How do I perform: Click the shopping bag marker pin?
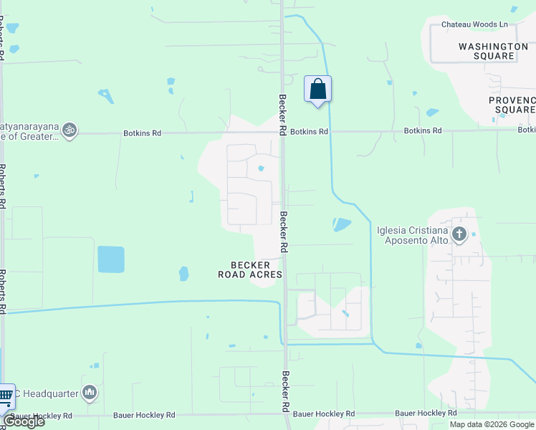[317, 90]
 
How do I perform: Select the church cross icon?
[459, 234]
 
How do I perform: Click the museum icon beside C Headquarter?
[89, 392]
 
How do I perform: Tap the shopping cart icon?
[5, 395]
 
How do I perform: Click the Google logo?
[23, 421]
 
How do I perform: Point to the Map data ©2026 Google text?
[491, 424]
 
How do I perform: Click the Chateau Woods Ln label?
[474, 24]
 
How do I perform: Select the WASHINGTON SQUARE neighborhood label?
[497, 51]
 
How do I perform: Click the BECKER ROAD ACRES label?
[250, 270]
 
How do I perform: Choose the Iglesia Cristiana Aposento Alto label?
[413, 235]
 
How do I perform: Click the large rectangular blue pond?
[110, 259]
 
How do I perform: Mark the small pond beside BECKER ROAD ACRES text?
[183, 273]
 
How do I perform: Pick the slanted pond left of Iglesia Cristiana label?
[343, 224]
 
